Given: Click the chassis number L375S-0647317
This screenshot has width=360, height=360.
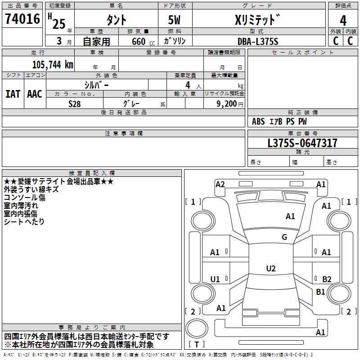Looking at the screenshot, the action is click(x=302, y=144).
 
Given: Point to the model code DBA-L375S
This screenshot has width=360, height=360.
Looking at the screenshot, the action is click(x=258, y=41).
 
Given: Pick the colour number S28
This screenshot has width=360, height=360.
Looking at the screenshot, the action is click(x=74, y=103).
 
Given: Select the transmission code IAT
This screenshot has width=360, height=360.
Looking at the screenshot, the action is click(x=13, y=94).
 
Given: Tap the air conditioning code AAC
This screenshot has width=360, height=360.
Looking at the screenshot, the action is click(x=34, y=94).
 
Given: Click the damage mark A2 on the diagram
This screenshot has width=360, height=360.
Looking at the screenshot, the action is click(x=220, y=184).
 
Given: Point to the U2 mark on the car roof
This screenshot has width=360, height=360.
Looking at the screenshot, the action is click(x=270, y=269).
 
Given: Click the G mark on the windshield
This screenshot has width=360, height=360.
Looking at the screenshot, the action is click(x=284, y=237).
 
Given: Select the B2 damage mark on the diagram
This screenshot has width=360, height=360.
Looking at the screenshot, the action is click(x=327, y=279).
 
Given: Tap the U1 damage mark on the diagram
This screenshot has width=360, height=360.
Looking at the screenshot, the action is click(x=215, y=279).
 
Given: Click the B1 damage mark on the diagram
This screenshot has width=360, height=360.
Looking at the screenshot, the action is click(x=320, y=292).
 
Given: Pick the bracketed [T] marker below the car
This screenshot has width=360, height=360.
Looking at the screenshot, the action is click(x=196, y=344).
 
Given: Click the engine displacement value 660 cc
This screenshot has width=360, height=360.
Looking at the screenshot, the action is click(x=139, y=41).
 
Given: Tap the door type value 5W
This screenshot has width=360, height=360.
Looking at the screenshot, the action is click(x=174, y=20).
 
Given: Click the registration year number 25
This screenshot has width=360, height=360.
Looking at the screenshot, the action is click(x=58, y=24).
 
